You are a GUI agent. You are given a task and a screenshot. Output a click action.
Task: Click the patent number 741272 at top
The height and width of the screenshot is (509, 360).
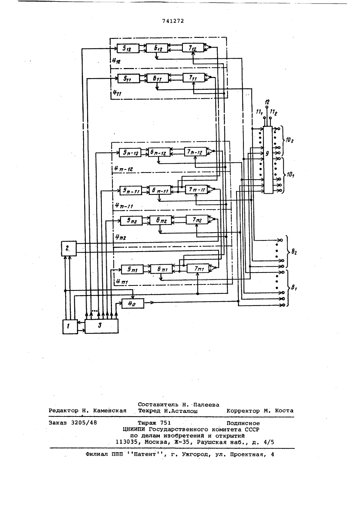pyautogui.click(x=173, y=21)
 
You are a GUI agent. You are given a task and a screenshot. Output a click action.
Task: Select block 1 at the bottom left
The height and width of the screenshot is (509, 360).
pyautogui.click(x=70, y=326)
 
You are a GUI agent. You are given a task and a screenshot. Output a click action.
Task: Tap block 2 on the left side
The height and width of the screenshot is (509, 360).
pyautogui.click(x=69, y=248)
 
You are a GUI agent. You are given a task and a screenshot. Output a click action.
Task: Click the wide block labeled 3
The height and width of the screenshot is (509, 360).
pyautogui.click(x=102, y=326)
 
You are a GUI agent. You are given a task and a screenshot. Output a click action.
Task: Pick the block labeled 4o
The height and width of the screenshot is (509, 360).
pyautogui.click(x=133, y=303)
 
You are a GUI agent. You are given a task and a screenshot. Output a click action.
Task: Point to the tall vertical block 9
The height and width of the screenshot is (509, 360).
pyautogui.click(x=268, y=160)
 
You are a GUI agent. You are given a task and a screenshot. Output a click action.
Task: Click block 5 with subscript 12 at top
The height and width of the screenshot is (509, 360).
pyautogui.click(x=128, y=48)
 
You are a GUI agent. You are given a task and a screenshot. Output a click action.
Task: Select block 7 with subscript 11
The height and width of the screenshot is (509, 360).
pyautogui.click(x=194, y=78)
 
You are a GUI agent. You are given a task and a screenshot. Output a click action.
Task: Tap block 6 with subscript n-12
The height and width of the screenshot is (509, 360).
pyautogui.click(x=159, y=152)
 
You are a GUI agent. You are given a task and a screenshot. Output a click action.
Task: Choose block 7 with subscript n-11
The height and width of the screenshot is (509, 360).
pyautogui.click(x=196, y=189)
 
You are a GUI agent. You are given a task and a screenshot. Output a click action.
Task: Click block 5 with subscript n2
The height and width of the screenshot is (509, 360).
pyautogui.click(x=131, y=221)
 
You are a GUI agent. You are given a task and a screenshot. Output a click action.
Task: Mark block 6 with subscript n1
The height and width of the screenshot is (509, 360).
pyautogui.click(x=161, y=269)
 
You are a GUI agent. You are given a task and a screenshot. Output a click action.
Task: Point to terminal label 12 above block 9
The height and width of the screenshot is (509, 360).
pyautogui.click(x=267, y=102)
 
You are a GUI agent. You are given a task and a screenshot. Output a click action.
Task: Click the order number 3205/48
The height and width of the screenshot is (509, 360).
pyautogui.click(x=84, y=423)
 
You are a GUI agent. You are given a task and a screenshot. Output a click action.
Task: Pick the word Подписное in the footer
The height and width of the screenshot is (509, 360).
pyautogui.click(x=243, y=423)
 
